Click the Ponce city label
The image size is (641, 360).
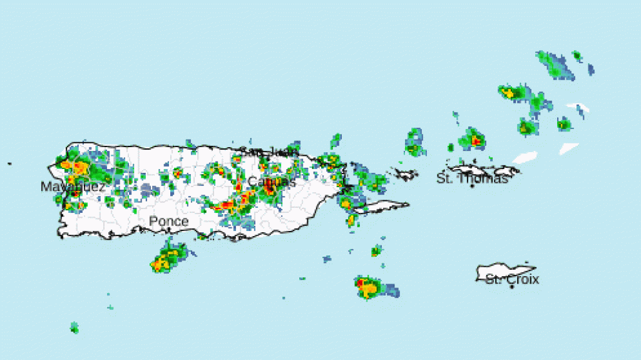coord(168,222)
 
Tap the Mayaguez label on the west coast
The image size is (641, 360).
coord(73,187)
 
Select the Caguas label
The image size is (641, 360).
coord(271,182)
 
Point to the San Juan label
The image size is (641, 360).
coord(265,152)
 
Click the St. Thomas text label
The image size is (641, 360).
coord(472,178)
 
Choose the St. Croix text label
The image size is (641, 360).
coord(512,279)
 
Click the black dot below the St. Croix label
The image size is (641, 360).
coord(512,287)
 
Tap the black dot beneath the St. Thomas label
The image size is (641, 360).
coord(472,186)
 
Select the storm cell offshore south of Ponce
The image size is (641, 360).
coord(167,259)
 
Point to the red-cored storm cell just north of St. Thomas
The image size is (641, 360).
coord(474,140)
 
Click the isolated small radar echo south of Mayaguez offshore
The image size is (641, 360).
coord(74,327)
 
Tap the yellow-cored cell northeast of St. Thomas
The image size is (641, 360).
coord(512,93)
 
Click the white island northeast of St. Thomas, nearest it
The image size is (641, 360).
coord(525,157)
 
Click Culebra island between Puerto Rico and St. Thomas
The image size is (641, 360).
coord(408,173)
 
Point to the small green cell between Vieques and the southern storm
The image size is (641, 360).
coord(376,251)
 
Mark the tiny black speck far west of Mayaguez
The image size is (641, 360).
coord(9,164)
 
